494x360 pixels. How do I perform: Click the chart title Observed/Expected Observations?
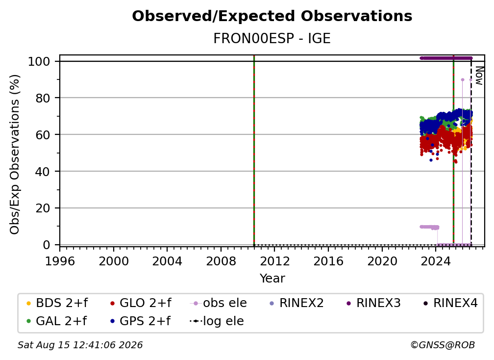click(x=272, y=16)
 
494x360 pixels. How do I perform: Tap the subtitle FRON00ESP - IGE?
click(x=272, y=38)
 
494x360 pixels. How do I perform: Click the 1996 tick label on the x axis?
click(x=60, y=261)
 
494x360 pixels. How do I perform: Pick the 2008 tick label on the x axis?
click(x=221, y=261)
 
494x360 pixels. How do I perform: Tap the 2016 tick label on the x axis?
click(x=328, y=261)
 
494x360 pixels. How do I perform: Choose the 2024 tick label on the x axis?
click(x=436, y=261)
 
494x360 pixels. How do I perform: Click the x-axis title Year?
click(x=272, y=279)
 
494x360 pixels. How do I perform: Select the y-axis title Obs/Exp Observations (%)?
click(x=15, y=154)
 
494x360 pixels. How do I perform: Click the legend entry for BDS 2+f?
click(x=57, y=303)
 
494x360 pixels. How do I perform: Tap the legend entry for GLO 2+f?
click(x=141, y=303)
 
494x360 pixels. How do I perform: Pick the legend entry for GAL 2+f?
click(x=56, y=321)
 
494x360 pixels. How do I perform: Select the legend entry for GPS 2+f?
click(x=140, y=321)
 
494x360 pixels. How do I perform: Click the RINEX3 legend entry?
click(x=373, y=303)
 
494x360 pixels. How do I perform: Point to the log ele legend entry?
click(x=217, y=321)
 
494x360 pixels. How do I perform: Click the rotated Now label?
click(x=479, y=76)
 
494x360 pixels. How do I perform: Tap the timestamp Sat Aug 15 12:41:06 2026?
click(x=80, y=345)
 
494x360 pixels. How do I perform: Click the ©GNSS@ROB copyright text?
click(x=443, y=345)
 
